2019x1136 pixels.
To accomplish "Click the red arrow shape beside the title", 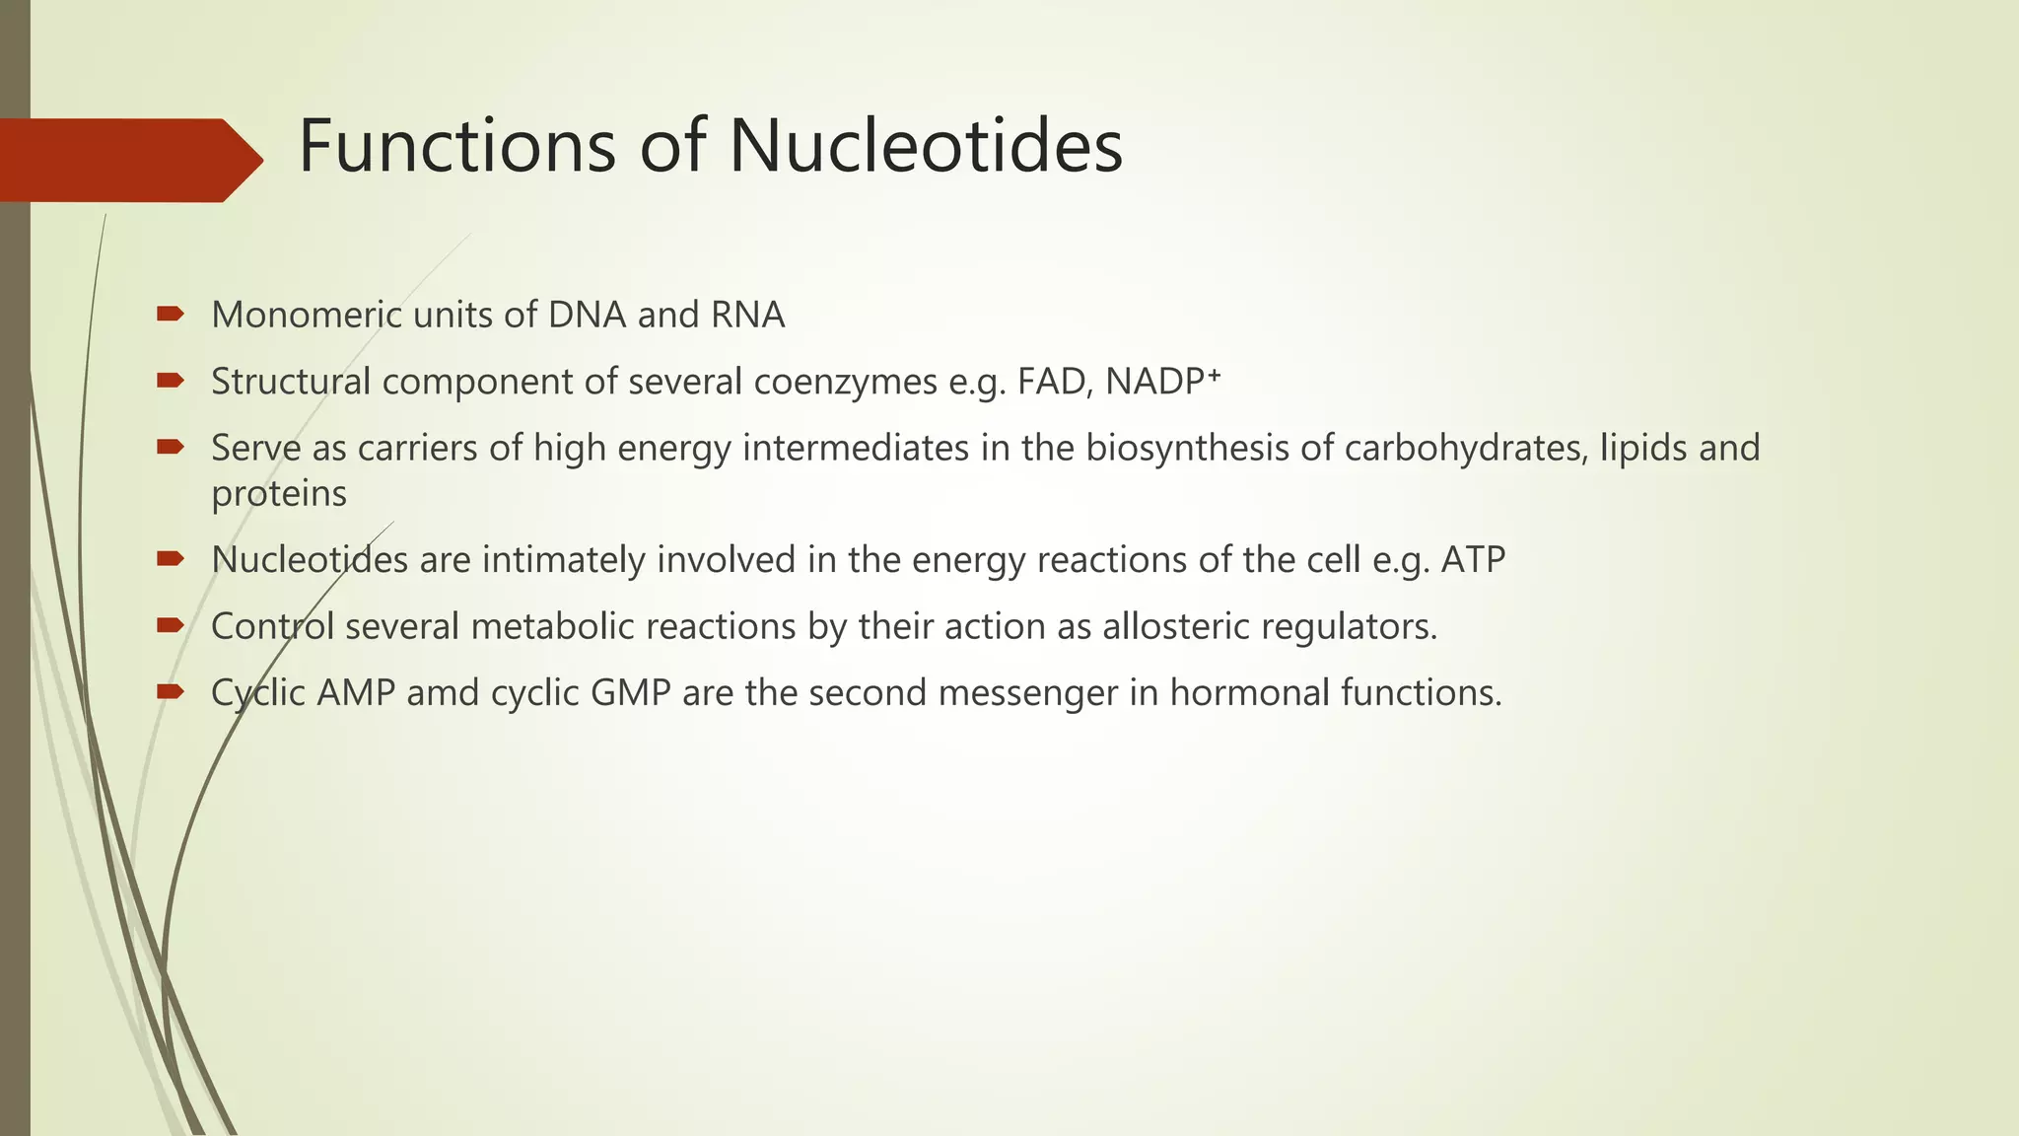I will (128, 160).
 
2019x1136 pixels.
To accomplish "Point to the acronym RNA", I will (747, 316).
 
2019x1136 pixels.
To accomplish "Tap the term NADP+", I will (1163, 382).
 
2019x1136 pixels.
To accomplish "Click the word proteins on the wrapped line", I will (279, 494).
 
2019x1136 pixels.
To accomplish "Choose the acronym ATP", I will (1473, 560).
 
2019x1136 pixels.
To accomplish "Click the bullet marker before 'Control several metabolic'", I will (170, 625).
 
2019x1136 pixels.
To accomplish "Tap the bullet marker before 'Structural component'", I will (170, 381).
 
